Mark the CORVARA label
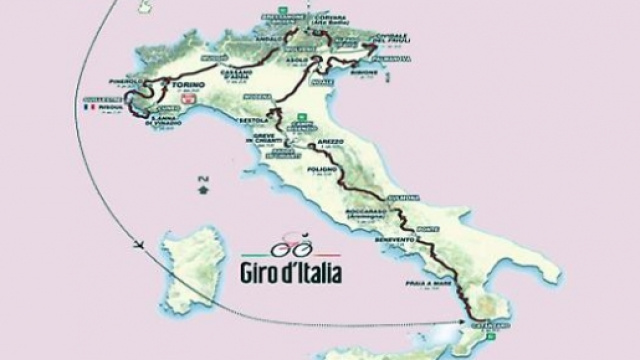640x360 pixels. (344, 17)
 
